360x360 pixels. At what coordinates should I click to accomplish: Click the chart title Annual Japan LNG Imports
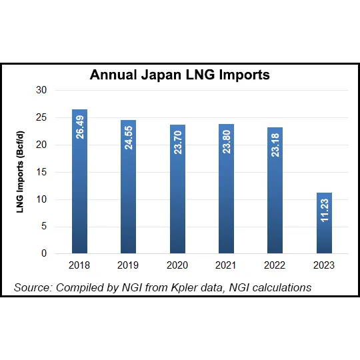coord(180,75)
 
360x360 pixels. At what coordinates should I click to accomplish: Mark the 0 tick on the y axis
coord(44,254)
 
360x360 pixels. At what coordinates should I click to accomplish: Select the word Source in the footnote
coord(33,287)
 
